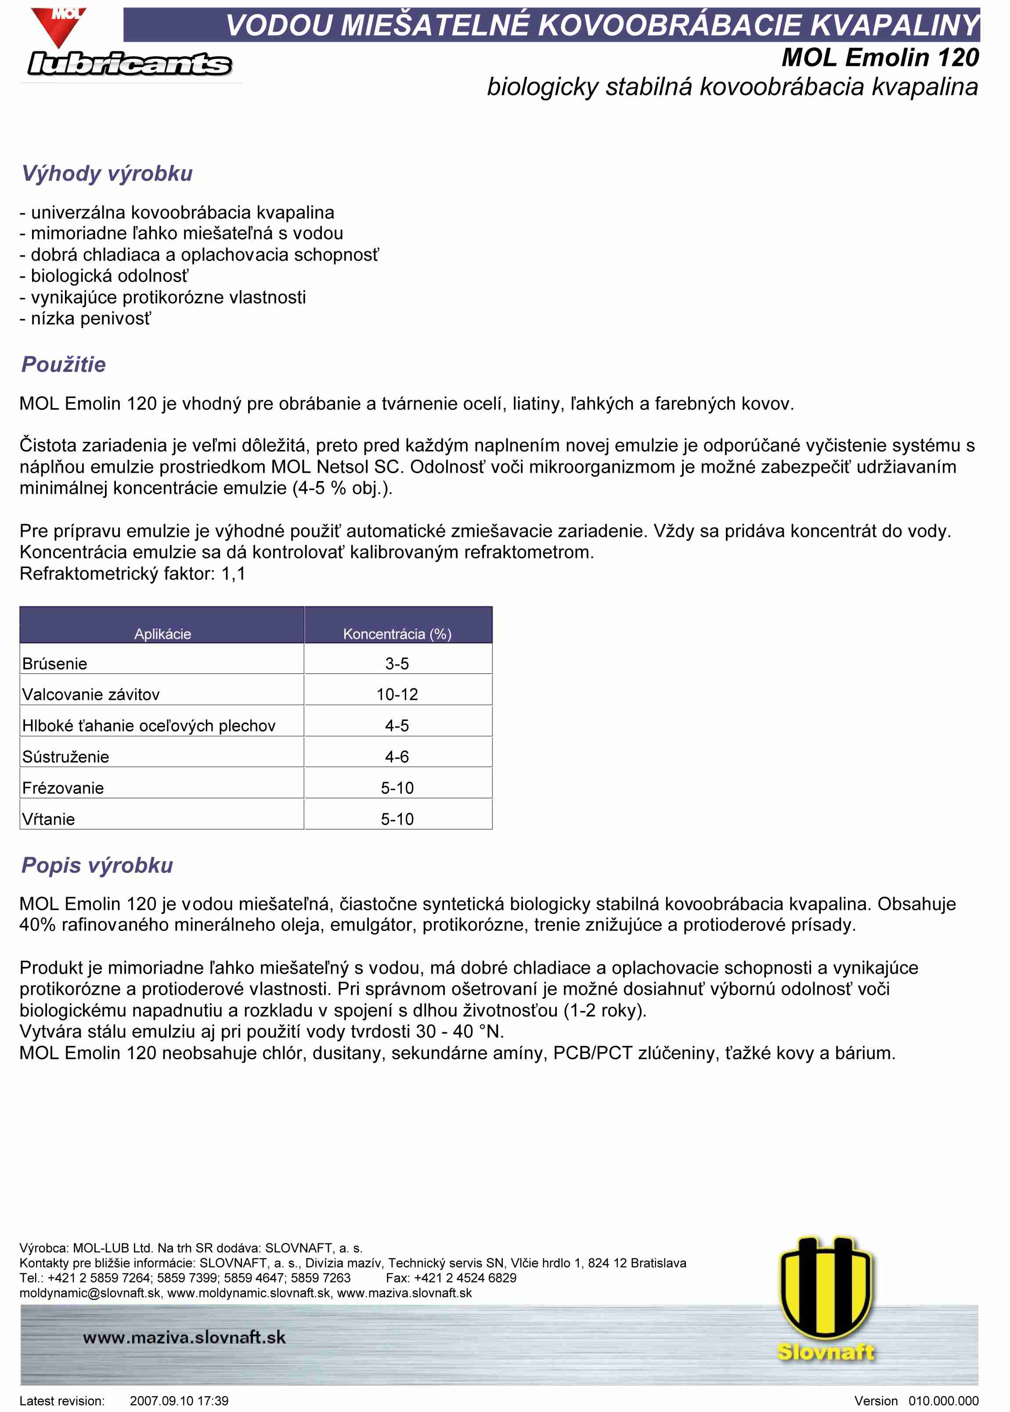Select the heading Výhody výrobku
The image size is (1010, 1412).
[x=107, y=174]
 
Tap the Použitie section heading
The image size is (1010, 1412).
[x=63, y=365]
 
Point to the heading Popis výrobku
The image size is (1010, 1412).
[x=97, y=865]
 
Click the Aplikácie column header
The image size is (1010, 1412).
[x=162, y=634]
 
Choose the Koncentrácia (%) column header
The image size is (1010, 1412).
[x=397, y=634]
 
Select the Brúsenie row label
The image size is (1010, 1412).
[x=55, y=664]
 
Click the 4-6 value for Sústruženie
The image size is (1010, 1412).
[x=397, y=757]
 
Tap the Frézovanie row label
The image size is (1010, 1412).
[x=63, y=788]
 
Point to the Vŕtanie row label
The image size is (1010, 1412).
[x=48, y=819]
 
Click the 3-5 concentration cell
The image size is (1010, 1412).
[x=397, y=664]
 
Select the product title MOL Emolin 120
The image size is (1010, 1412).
[x=880, y=58]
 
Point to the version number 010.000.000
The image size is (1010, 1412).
[x=943, y=1401]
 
